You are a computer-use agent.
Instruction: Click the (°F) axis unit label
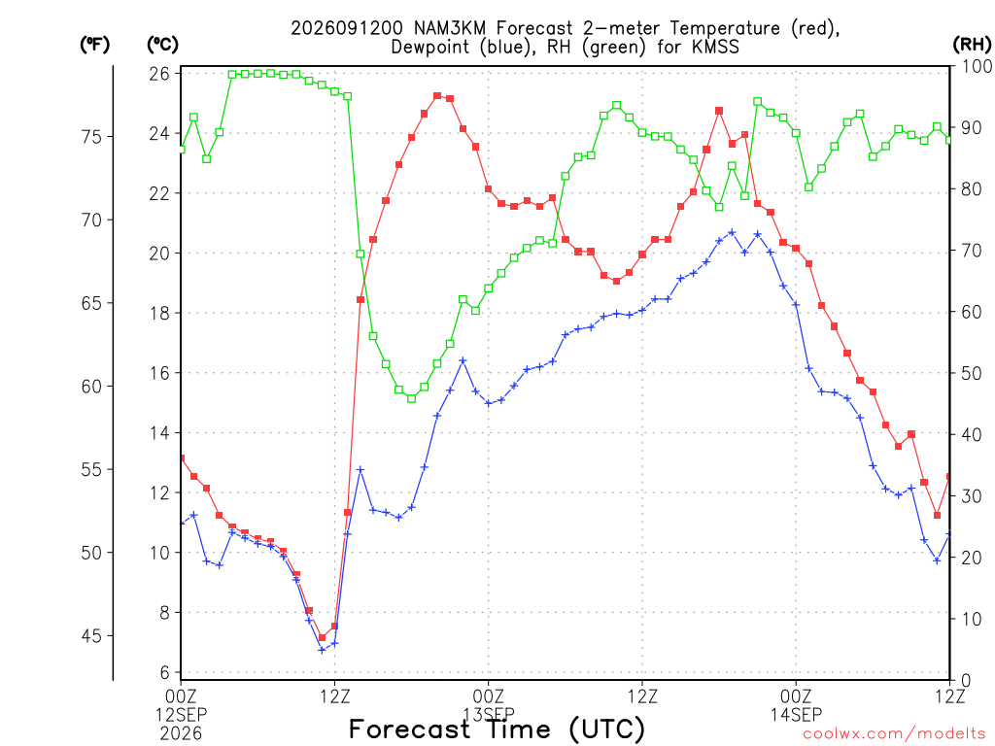click(x=95, y=45)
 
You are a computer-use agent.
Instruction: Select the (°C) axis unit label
click(x=163, y=45)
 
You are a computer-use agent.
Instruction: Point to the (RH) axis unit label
click(x=973, y=45)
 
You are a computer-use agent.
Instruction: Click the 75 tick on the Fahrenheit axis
click(x=91, y=136)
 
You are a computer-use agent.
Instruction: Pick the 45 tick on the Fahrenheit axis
click(x=91, y=635)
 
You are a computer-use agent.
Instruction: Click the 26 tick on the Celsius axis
click(x=159, y=74)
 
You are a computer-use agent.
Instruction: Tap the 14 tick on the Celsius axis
click(x=159, y=433)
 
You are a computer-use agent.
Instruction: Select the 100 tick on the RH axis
click(x=978, y=66)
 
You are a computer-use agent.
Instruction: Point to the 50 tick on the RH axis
click(x=972, y=373)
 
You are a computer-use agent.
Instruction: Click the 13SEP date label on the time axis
click(x=489, y=714)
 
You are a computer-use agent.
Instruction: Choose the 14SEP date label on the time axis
click(x=796, y=714)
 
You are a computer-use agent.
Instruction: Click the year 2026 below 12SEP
click(x=181, y=733)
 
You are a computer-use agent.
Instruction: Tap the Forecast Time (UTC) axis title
click(x=497, y=729)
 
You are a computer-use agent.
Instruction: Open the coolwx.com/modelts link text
click(x=894, y=734)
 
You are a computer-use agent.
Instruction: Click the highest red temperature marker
click(x=437, y=96)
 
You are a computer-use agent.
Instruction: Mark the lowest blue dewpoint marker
click(x=322, y=650)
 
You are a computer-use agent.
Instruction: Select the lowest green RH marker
click(x=411, y=398)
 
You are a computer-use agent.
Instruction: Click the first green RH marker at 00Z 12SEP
click(x=182, y=150)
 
